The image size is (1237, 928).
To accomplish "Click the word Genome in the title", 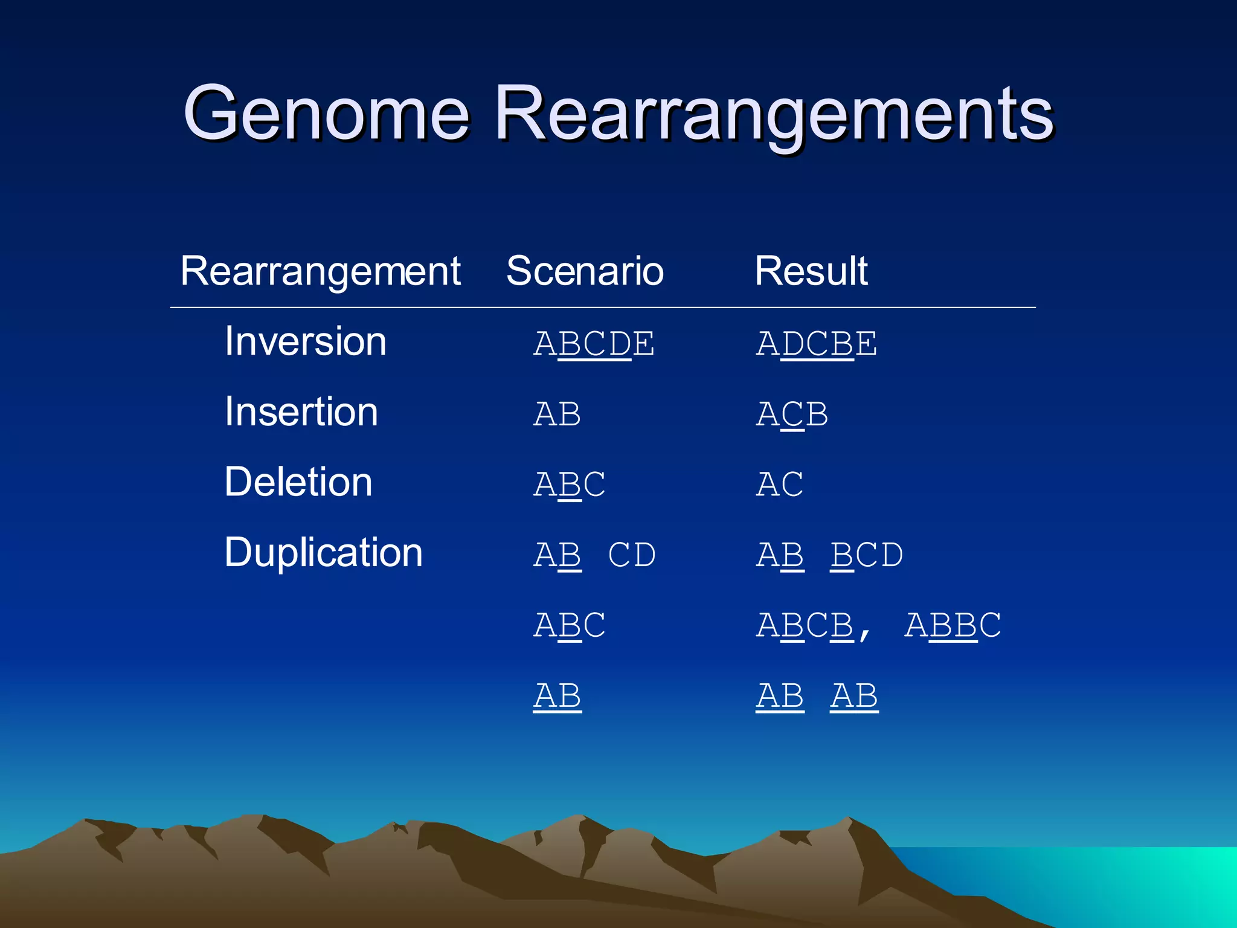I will tap(326, 114).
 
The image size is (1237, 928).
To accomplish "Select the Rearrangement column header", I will tap(320, 271).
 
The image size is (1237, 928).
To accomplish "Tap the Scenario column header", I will tap(585, 271).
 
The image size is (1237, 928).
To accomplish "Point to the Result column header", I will tap(811, 271).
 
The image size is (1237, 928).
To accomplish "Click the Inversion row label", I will tap(305, 342).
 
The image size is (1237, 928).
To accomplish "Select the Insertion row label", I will tap(301, 412).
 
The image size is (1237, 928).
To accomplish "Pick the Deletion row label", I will tap(298, 482).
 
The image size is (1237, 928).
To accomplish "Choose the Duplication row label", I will tap(323, 552).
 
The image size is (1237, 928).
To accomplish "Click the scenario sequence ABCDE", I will tap(594, 344).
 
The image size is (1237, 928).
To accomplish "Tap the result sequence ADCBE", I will tap(816, 344).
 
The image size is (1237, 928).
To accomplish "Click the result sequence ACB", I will tap(792, 414).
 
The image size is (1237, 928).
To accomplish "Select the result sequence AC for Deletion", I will tap(780, 485).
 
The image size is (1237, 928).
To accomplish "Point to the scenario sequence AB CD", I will tap(594, 555).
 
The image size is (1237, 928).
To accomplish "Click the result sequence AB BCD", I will tap(829, 555).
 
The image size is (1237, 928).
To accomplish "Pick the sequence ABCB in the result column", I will tap(805, 625).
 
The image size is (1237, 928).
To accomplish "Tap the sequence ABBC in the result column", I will tap(953, 625).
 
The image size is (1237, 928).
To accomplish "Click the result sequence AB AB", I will tap(817, 696).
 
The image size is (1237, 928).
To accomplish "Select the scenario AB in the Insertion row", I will tap(557, 414).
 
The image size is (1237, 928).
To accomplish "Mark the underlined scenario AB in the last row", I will tap(557, 696).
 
